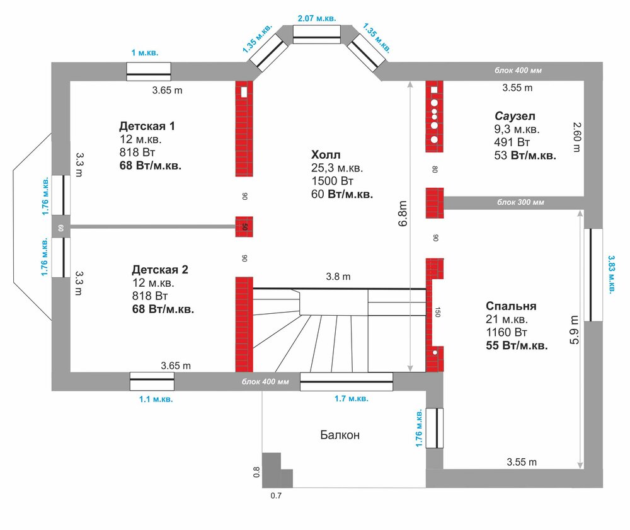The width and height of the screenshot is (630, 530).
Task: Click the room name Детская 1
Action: (x=147, y=126)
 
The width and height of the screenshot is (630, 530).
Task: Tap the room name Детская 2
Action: (x=160, y=270)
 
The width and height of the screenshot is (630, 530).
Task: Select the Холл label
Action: (x=326, y=154)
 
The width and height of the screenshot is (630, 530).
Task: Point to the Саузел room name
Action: (x=515, y=116)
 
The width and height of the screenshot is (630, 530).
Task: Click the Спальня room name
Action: (x=511, y=306)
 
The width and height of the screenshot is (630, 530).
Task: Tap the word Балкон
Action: (x=340, y=435)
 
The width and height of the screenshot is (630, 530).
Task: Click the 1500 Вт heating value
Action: (x=332, y=181)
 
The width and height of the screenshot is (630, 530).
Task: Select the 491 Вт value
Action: (x=512, y=142)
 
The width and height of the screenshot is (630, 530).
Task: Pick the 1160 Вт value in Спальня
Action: (x=507, y=332)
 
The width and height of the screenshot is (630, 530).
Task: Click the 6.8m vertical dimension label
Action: (x=403, y=214)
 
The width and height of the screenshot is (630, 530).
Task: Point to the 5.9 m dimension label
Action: (x=574, y=330)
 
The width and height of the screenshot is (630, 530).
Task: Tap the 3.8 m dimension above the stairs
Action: (x=338, y=277)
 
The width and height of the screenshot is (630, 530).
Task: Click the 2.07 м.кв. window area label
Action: (x=317, y=18)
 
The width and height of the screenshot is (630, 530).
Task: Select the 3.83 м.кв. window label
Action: (x=611, y=274)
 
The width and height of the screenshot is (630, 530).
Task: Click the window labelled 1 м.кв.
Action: (x=149, y=71)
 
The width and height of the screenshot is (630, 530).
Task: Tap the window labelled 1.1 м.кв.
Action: (x=152, y=381)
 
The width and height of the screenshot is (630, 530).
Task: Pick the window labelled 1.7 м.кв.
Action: (x=346, y=382)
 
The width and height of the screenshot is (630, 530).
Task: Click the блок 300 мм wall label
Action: (x=521, y=202)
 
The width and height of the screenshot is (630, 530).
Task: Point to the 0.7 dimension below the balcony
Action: (x=276, y=496)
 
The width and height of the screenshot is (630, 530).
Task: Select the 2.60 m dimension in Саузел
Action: (x=576, y=137)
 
